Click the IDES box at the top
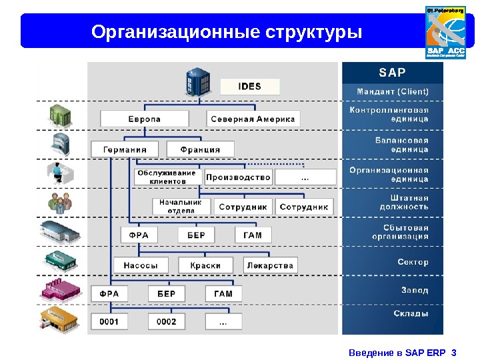pos(250,87)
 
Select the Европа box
pos(144,119)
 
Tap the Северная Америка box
pos(253,119)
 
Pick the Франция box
pos(201,149)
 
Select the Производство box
pos(238,177)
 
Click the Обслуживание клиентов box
pos(167,177)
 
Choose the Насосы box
pos(141,265)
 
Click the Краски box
pos(205,265)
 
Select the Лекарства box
pos(270,265)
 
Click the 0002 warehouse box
pos(167,322)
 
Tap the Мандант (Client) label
pos(393,91)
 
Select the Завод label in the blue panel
pos(415,291)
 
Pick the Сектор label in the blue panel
pos(413,262)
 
